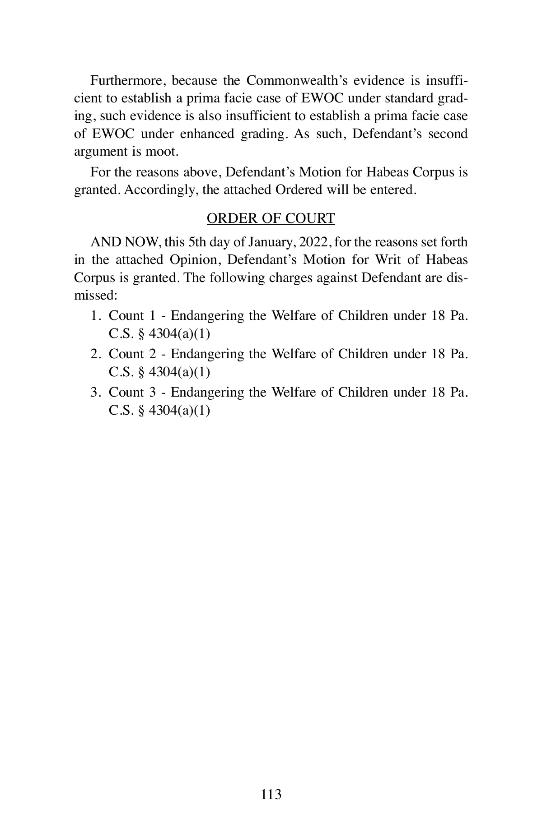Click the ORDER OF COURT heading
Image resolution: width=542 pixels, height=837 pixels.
(x=271, y=218)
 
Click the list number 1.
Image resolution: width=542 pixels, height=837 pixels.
(x=94, y=316)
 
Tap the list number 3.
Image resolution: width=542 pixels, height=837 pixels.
(x=94, y=393)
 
